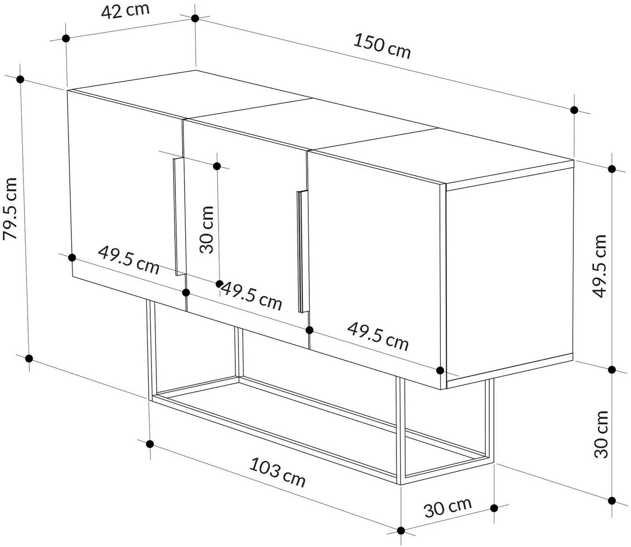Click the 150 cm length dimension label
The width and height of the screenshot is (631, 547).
tap(382, 46)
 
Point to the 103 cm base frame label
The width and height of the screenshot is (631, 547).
tap(278, 472)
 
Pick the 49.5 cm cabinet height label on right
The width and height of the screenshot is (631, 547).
tap(600, 266)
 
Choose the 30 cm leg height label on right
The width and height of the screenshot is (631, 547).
tap(601, 434)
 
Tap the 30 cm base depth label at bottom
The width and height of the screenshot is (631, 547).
tap(448, 507)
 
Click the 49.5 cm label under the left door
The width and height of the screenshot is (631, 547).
tap(128, 260)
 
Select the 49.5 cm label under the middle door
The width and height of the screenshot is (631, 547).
tap(251, 296)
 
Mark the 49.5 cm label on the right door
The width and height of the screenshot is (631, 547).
tap(378, 336)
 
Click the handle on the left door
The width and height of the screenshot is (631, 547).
tap(178, 216)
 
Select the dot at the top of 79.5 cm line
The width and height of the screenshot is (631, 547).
tap(20, 79)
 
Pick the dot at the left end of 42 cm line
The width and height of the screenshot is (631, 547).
tap(66, 38)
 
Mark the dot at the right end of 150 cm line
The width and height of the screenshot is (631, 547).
tap(574, 110)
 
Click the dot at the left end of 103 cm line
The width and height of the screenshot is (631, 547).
tap(150, 444)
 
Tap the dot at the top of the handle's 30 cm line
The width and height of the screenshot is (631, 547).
tap(217, 166)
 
